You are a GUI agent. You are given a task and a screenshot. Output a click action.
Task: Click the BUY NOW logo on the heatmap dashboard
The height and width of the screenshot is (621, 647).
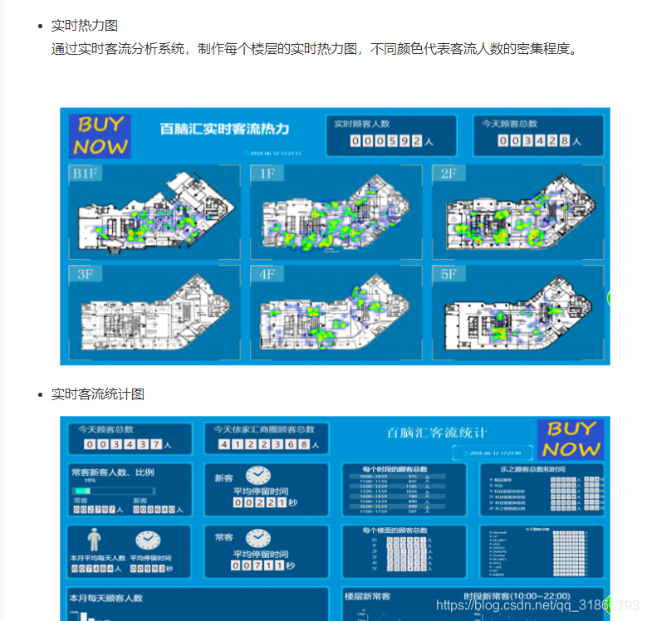tap(100, 136)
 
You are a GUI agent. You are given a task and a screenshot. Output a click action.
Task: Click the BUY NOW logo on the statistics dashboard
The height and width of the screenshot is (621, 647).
tap(571, 439)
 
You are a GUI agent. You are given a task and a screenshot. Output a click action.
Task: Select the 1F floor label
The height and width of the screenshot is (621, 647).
tap(267, 174)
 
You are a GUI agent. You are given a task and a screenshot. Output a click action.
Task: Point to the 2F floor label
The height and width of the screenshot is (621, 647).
tap(448, 174)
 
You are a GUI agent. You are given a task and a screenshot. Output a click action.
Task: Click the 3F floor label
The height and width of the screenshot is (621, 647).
tap(85, 275)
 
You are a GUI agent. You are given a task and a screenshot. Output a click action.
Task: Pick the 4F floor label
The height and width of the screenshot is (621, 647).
tap(267, 275)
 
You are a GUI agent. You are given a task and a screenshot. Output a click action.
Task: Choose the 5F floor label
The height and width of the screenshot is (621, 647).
tap(448, 275)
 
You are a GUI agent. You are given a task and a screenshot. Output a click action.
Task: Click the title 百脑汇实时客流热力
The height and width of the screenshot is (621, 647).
tap(224, 129)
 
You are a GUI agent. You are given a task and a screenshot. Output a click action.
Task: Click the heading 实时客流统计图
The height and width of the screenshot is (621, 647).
tap(97, 394)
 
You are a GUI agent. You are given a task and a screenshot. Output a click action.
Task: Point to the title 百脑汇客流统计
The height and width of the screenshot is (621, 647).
tap(437, 433)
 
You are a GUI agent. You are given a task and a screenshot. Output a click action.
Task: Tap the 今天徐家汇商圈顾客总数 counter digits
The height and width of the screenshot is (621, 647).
tap(268, 445)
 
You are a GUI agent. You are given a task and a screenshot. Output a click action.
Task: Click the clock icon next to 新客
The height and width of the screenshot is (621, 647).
tap(257, 476)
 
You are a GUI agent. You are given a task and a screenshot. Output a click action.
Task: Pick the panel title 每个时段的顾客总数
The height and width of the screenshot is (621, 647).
tap(395, 470)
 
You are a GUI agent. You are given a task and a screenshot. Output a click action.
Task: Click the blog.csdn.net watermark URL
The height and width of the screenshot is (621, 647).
tap(537, 606)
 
